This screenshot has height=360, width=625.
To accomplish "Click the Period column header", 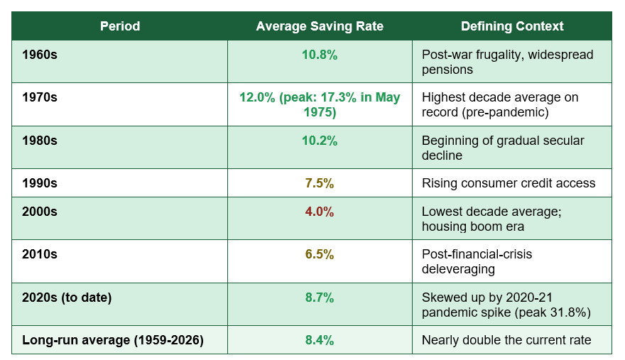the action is tap(120, 26).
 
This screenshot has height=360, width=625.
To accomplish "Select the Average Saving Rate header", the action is tap(320, 26).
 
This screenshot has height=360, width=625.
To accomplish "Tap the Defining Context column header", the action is tap(512, 26).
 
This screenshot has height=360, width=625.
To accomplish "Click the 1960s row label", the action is tap(40, 55).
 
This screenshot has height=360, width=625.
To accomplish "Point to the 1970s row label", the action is tap(40, 97).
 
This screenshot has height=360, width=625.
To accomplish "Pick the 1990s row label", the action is tap(40, 183).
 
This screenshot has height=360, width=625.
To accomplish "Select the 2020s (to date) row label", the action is tap(67, 298).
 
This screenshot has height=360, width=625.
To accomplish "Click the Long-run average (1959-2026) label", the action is tap(113, 340).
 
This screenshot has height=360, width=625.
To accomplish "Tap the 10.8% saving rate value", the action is tap(320, 55).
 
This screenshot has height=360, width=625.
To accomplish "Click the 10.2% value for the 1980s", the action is tap(320, 141).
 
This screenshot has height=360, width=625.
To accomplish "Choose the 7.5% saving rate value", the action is tap(320, 183).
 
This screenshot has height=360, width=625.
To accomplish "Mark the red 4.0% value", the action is tap(320, 212).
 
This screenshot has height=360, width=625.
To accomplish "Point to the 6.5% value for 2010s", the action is tap(320, 254).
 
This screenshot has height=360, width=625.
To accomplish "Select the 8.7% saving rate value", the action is tap(320, 298).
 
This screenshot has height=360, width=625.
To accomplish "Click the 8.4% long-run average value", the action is tap(320, 340).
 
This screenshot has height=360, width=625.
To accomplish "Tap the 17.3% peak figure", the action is tap(338, 97).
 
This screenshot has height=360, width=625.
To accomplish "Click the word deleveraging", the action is tap(458, 269).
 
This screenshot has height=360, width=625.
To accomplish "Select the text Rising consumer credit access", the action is tap(509, 183).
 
